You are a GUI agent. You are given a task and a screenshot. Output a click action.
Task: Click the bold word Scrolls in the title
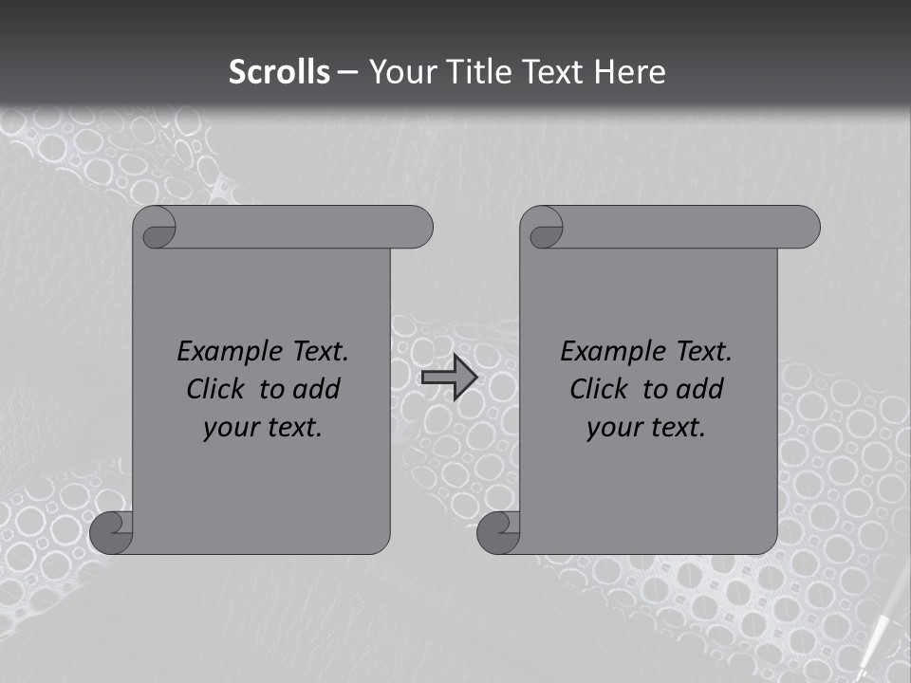pos(279,72)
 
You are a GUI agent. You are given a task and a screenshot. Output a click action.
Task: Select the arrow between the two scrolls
pos(449,378)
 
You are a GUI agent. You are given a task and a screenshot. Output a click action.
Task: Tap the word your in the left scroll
pos(230,428)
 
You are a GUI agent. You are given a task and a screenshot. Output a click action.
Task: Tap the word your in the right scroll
pos(613,428)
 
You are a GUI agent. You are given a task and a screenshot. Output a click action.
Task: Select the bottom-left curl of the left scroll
pos(112,533)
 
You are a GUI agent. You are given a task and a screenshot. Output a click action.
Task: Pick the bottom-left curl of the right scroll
pos(499,533)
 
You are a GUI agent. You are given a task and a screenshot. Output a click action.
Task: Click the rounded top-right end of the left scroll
pos(418,227)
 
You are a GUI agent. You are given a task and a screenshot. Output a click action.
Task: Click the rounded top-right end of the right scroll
pos(805,227)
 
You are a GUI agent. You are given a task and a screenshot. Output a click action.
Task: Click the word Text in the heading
pos(554,72)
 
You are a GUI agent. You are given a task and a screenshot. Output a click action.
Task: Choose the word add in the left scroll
pos(317,389)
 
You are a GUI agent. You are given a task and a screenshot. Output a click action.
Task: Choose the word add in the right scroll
pos(700,389)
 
